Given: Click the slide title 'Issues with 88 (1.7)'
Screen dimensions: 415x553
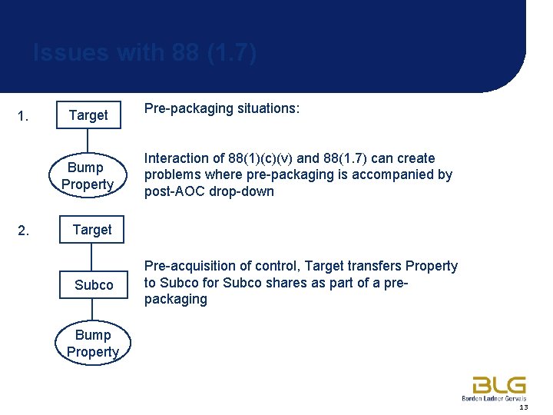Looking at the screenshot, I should (144, 53).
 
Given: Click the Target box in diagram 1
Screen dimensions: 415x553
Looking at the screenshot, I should (88, 115).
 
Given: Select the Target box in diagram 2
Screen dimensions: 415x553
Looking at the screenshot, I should (91, 230).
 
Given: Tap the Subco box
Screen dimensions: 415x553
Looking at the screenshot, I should (93, 285).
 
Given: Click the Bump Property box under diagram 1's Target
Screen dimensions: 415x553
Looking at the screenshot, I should (88, 176).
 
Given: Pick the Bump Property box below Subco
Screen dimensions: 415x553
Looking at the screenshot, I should (92, 344).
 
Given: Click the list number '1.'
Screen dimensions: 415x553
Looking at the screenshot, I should (23, 117).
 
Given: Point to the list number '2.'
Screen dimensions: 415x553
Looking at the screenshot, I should (23, 231).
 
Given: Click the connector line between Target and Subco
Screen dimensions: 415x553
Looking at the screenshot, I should (92, 255).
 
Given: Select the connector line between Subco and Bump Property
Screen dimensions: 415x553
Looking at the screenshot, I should (92, 310).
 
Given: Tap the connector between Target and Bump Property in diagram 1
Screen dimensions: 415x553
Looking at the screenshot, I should (88, 142).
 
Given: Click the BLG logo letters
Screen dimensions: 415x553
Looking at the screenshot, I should (498, 385).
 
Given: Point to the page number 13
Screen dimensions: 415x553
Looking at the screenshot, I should (523, 407).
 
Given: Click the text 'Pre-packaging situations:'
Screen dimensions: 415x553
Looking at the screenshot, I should (222, 109).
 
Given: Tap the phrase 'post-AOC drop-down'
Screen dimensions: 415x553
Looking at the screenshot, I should (209, 191).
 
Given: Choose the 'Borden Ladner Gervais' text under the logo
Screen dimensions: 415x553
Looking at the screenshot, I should (495, 399).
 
